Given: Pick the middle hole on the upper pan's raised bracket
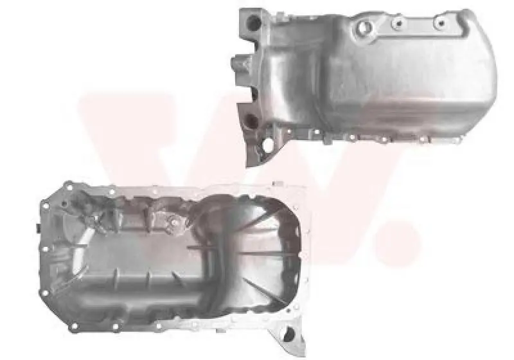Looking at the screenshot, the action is (x=398, y=23).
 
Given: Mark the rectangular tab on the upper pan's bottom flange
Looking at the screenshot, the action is (x=328, y=140).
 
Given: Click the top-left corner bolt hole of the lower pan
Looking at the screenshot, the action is (x=69, y=188).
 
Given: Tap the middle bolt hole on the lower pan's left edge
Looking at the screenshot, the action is (x=45, y=249).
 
